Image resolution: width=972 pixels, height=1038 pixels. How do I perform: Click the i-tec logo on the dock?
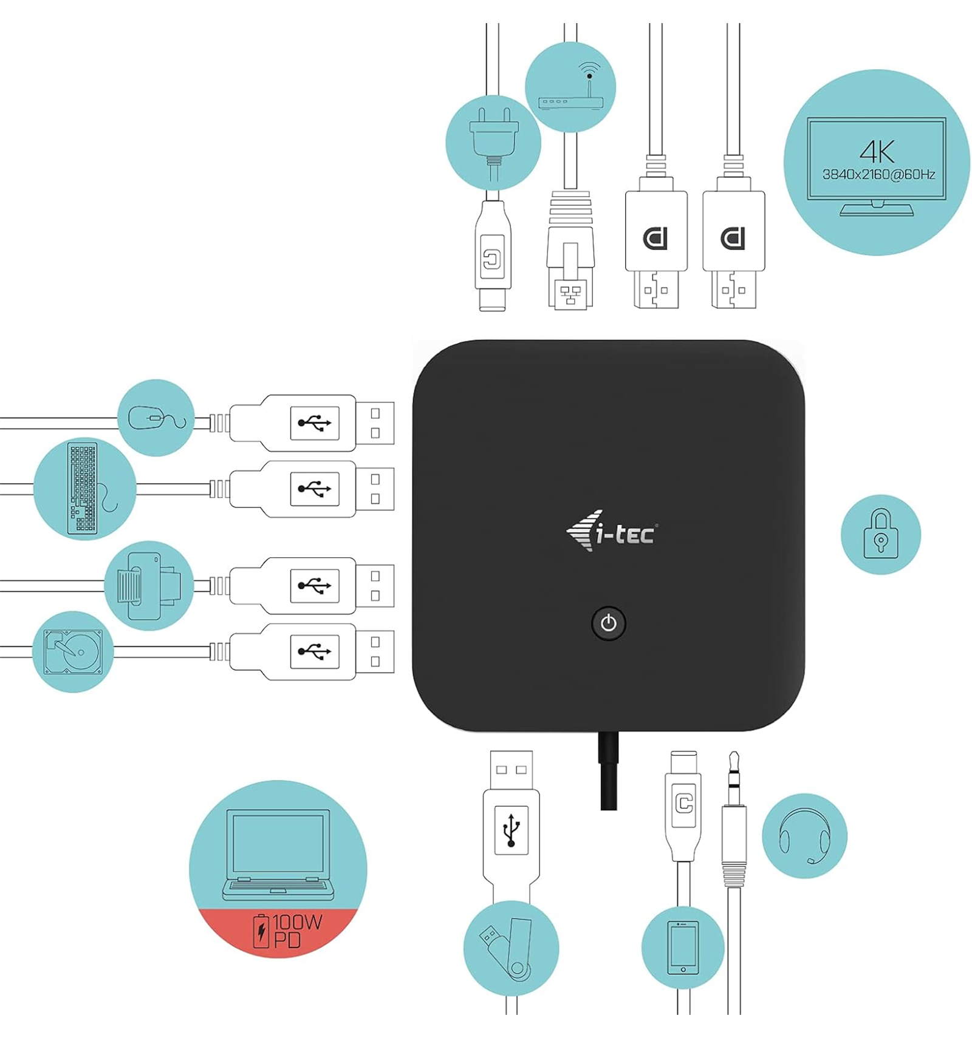coord(611,531)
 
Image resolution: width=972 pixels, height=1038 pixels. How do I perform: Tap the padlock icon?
coord(880,534)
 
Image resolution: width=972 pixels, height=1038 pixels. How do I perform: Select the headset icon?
coord(804,836)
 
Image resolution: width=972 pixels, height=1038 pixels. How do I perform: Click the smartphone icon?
coord(683,948)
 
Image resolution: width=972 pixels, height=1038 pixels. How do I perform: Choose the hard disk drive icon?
coord(73,652)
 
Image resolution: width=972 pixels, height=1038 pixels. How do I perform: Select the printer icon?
coord(148,586)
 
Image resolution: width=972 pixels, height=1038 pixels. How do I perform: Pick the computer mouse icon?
coord(157,418)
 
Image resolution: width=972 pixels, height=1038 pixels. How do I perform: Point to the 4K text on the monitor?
coord(877,152)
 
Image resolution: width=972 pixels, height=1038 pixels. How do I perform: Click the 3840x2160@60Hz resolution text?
coord(878,175)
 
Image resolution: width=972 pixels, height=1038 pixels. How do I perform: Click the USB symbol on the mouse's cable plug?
coord(315,422)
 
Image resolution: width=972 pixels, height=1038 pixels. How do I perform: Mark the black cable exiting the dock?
coord(608,770)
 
